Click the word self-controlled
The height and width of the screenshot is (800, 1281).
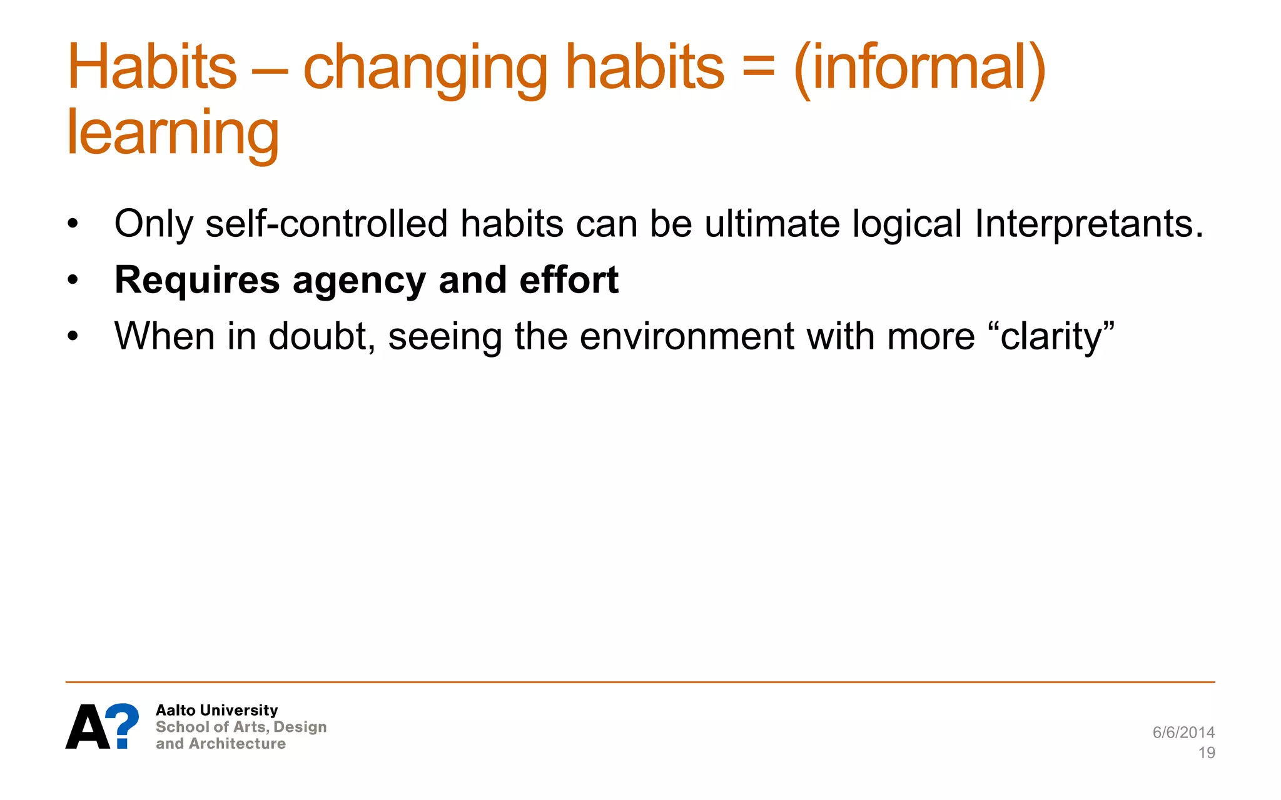coord(327,224)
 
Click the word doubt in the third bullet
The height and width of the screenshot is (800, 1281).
coord(321,336)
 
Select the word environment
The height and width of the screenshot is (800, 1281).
coord(687,336)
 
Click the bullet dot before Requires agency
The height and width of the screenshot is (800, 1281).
coord(73,280)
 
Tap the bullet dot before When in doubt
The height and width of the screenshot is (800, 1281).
coord(73,336)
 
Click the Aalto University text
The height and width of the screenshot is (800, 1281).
coord(216,710)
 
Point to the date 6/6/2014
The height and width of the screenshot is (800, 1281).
coord(1183,732)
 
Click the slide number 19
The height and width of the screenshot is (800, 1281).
coord(1207,752)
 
